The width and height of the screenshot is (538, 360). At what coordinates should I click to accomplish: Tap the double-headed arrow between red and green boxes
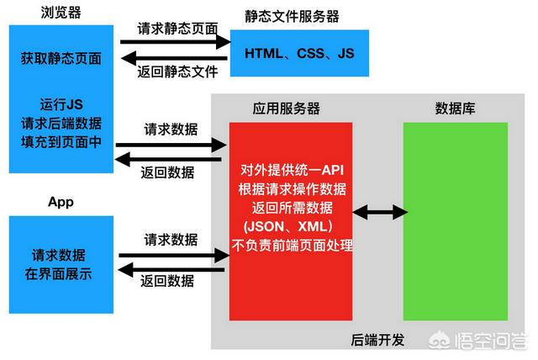point(378,214)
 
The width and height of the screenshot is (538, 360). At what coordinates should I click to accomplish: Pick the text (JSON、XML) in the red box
point(291,227)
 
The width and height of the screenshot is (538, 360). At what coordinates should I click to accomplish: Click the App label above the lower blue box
point(61,202)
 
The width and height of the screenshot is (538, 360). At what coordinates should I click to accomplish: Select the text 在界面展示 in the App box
point(61,273)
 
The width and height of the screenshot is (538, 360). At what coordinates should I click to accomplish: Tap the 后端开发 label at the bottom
point(377,340)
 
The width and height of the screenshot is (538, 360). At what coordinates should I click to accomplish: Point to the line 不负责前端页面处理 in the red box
point(291,246)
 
